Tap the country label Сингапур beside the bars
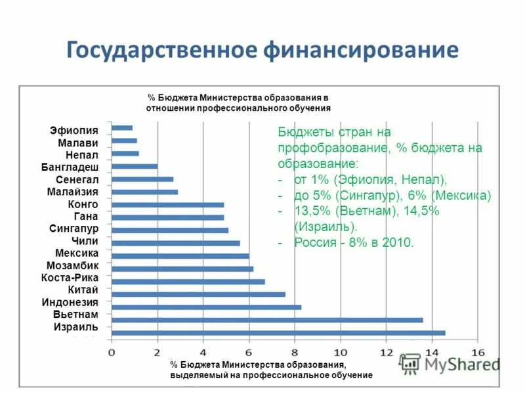[73, 229]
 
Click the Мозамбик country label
[72, 265]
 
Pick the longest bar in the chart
[278, 333]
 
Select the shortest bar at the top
[122, 128]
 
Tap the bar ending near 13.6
[267, 320]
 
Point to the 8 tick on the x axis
[295, 352]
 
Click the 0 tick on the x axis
[112, 352]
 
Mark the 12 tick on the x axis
[386, 352]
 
